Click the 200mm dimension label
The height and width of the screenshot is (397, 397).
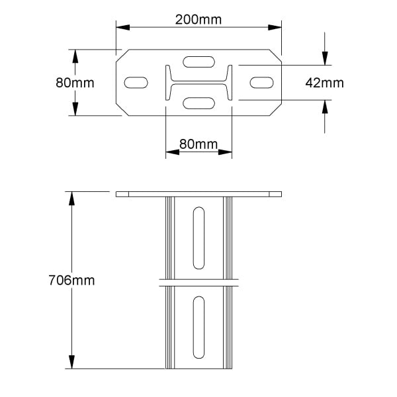(198, 20)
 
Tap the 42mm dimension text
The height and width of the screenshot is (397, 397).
(324, 83)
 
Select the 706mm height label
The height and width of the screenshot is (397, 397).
(71, 281)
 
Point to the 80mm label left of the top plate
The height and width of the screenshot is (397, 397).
(75, 83)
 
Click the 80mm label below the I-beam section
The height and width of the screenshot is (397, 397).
(198, 144)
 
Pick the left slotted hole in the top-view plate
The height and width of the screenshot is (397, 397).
(136, 83)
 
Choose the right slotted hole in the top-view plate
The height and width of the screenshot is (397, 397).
(261, 83)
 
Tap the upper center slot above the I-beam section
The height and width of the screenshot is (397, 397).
(198, 62)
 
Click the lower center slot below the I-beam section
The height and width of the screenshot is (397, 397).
(198, 103)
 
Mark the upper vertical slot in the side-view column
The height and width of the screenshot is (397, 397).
(198, 238)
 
